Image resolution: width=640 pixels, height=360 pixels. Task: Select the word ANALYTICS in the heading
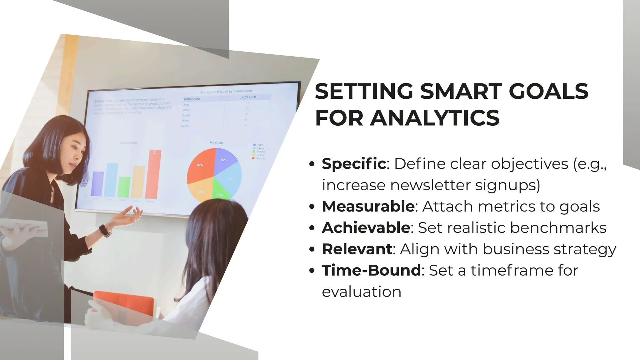[x=435, y=118]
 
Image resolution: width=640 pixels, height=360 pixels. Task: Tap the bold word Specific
[x=354, y=164]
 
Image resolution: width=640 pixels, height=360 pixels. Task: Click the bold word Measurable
[x=368, y=207]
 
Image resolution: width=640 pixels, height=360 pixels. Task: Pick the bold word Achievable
[x=366, y=228]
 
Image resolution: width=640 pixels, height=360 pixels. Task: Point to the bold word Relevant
[x=357, y=249]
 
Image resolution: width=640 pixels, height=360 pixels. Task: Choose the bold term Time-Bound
[x=371, y=270]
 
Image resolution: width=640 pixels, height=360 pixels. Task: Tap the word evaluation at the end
[x=362, y=292]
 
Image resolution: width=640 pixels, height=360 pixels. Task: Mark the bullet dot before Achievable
[x=311, y=228]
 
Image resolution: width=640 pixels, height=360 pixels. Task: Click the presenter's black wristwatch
[x=105, y=231]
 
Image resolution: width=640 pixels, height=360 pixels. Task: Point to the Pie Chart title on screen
[x=216, y=143]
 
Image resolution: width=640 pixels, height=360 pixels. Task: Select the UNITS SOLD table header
[x=247, y=97]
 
